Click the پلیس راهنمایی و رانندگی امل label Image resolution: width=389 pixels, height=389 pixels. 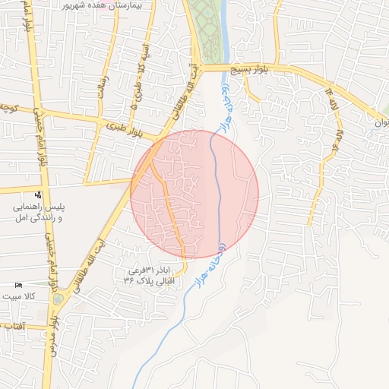click(38, 212)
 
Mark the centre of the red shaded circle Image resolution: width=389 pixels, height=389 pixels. click(194, 194)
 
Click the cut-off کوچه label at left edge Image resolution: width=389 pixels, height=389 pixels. click(8, 107)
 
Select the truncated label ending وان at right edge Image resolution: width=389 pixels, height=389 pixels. click(381, 122)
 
